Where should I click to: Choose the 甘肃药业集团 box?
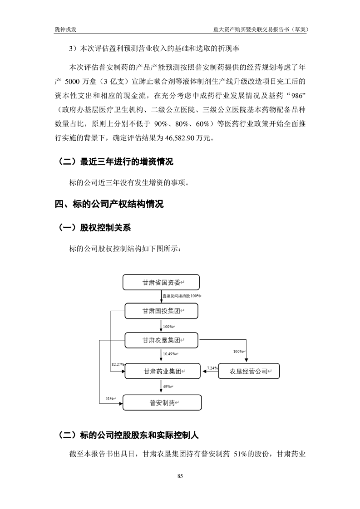(161, 372)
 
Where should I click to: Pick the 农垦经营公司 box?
(248, 372)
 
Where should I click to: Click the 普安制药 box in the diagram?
(161, 402)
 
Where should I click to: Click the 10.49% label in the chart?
(170, 354)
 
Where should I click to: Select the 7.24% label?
(212, 368)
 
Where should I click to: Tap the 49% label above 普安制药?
(167, 387)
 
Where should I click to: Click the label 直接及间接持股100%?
(181, 296)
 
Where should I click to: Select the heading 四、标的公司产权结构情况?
(109, 204)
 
